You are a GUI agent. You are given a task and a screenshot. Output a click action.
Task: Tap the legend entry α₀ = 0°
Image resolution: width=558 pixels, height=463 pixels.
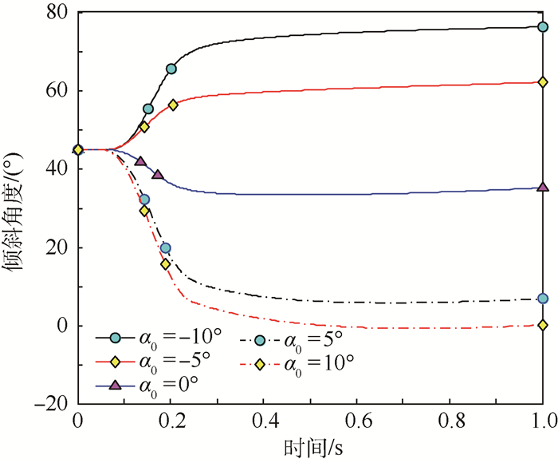click(151, 385)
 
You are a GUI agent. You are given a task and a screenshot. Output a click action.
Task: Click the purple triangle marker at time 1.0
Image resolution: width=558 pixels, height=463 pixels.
click(544, 187)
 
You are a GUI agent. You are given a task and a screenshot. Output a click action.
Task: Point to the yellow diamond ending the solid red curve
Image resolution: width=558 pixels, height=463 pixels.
click(544, 81)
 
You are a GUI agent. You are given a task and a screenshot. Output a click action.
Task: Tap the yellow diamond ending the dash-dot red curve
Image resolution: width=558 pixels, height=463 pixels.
click(544, 325)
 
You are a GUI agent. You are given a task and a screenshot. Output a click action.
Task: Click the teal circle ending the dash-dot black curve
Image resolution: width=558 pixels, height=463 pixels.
click(544, 299)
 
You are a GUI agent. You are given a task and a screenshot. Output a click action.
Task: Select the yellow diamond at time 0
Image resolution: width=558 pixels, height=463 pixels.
click(77, 149)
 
